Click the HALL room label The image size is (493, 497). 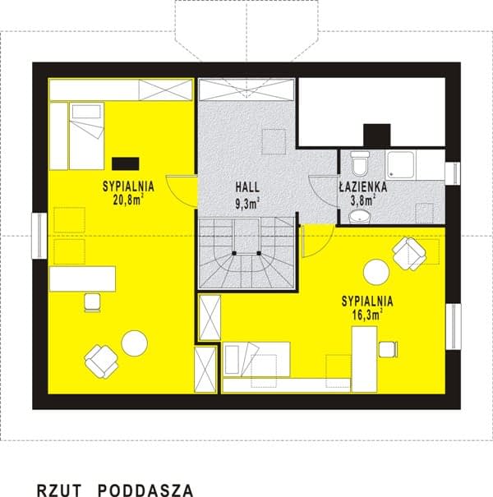coord(247,187)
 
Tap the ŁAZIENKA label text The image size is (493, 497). coord(363,186)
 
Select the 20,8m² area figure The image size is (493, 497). coord(128,200)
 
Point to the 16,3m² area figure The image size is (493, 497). coord(367,315)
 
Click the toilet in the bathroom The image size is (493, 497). coord(360,163)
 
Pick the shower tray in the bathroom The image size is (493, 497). coord(400,165)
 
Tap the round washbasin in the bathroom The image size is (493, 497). coord(360,216)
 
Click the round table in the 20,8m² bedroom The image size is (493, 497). coord(135,343)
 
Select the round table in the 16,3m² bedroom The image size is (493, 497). coord(376,272)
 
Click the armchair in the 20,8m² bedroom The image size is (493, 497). coord(101,361)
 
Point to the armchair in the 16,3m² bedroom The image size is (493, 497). coord(409,254)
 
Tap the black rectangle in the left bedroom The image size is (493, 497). coord(125,163)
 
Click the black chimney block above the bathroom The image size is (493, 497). coord(376,135)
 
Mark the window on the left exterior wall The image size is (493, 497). coord(39,236)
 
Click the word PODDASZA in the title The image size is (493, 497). coord(145,490)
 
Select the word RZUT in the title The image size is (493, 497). coord(59,490)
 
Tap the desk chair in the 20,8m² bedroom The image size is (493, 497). coord(93,302)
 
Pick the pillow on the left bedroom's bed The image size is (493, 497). coord(86,111)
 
